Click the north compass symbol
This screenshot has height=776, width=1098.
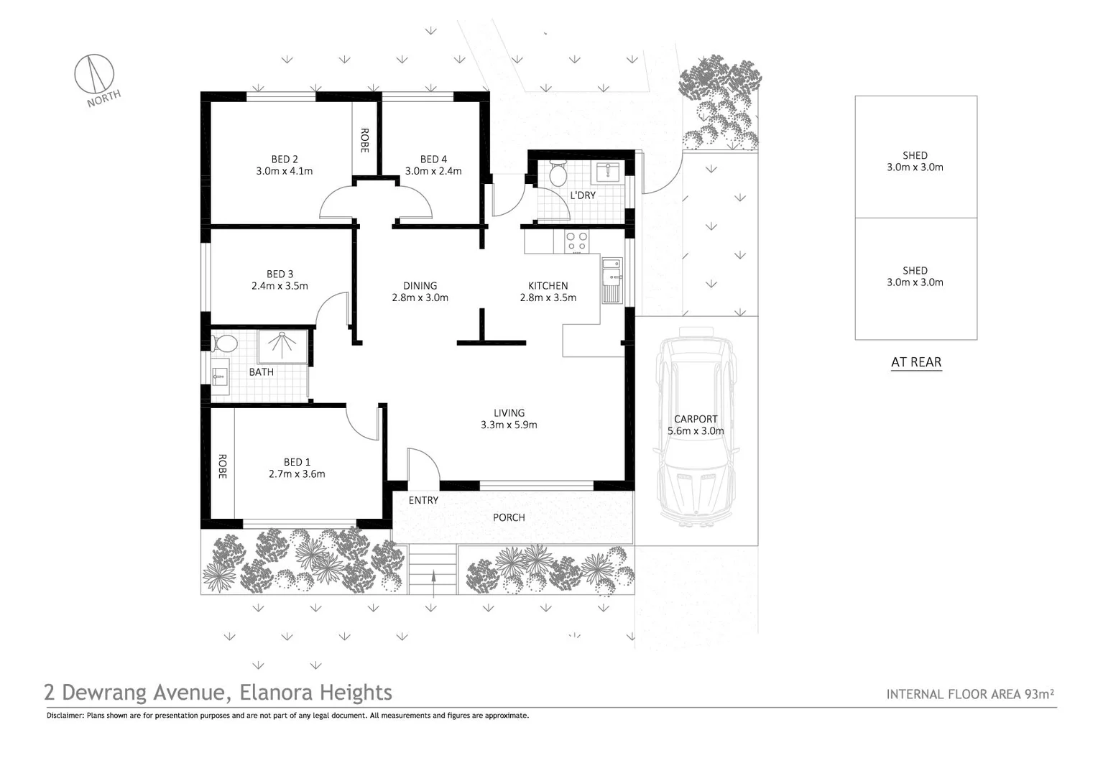(x=94, y=73)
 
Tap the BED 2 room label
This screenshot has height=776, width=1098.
(x=285, y=160)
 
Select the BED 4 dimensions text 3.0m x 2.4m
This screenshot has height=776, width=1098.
(x=433, y=172)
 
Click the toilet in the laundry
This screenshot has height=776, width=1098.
(x=558, y=172)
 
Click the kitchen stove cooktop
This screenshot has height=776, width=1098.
(x=576, y=241)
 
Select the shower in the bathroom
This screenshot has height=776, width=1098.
(x=282, y=346)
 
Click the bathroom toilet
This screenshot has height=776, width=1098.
(x=223, y=343)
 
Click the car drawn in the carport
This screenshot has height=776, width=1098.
(x=696, y=428)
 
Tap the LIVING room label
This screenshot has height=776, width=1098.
(x=509, y=413)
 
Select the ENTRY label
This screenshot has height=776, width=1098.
(x=423, y=501)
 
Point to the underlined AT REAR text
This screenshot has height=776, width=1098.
(x=916, y=363)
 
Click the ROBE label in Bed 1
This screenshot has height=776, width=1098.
(x=223, y=467)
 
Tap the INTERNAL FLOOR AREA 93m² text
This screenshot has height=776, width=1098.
(x=969, y=694)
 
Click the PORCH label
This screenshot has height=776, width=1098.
(x=509, y=518)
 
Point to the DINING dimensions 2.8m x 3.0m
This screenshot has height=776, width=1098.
(x=420, y=298)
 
